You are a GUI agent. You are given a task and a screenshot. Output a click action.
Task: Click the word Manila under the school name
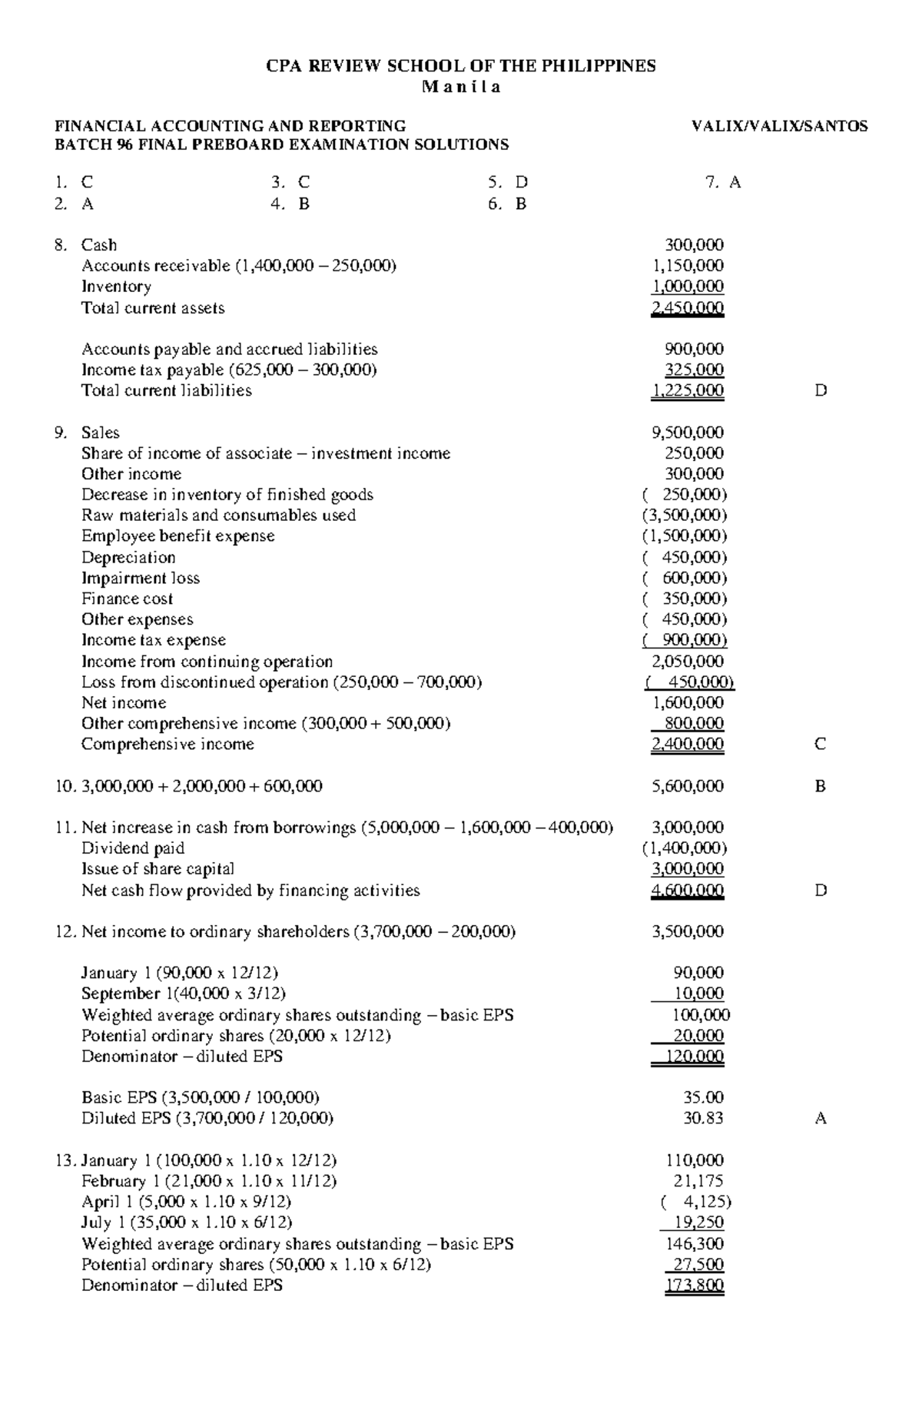(x=461, y=86)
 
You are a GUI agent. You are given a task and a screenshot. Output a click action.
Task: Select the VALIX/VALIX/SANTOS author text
(x=779, y=125)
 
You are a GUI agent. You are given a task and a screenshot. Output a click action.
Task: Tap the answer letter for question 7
(x=735, y=182)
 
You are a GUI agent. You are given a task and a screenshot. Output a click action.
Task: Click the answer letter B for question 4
(x=303, y=204)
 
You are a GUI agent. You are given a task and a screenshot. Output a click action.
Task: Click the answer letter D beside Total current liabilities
(x=821, y=390)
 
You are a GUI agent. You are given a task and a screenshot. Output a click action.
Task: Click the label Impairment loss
(x=141, y=578)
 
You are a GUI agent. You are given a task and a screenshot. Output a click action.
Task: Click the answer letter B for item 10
(x=821, y=786)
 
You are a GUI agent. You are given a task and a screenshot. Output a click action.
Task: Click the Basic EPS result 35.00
(x=703, y=1097)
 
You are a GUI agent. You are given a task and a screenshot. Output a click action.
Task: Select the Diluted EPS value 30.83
(x=703, y=1118)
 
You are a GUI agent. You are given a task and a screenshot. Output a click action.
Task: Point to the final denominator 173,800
(x=694, y=1285)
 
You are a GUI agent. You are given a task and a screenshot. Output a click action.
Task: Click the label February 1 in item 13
(x=114, y=1181)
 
